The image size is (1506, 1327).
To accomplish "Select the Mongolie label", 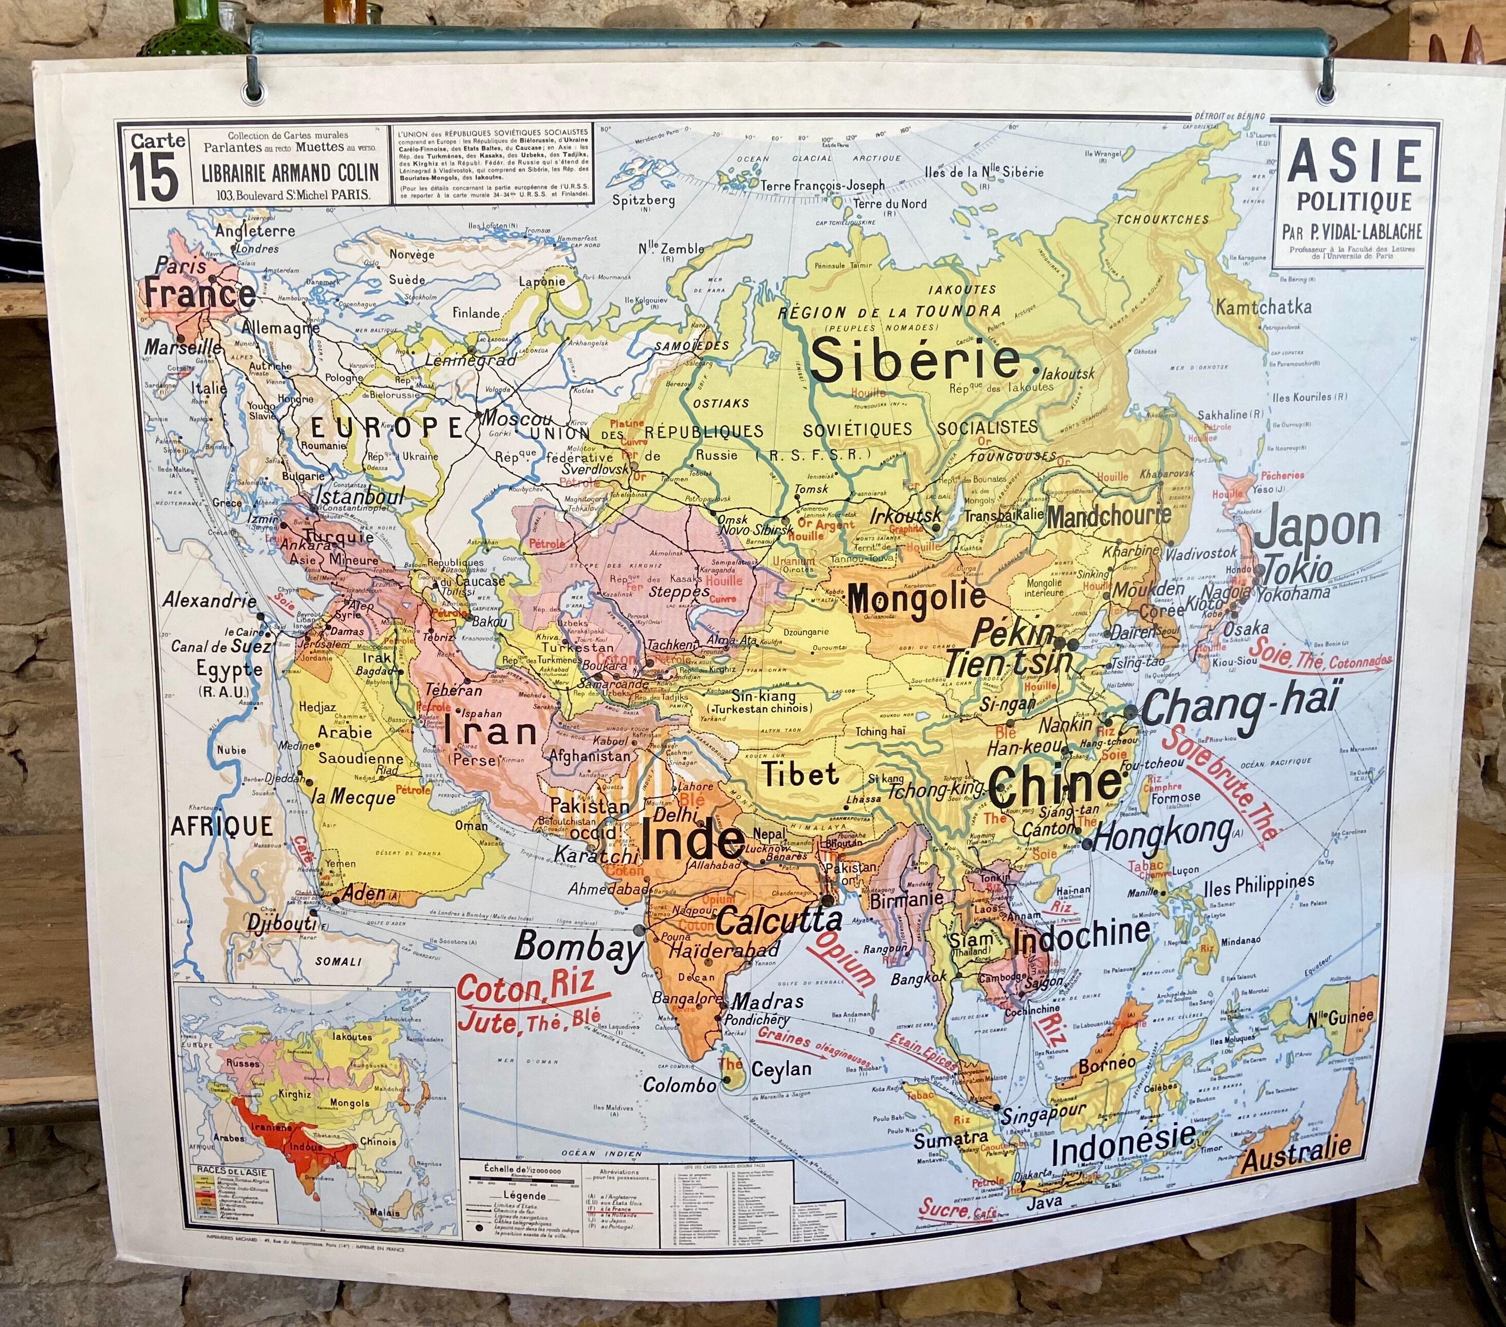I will (x=916, y=598).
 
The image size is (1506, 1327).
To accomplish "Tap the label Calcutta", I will (x=779, y=920).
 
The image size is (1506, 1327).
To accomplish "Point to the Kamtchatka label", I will (x=1263, y=307).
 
